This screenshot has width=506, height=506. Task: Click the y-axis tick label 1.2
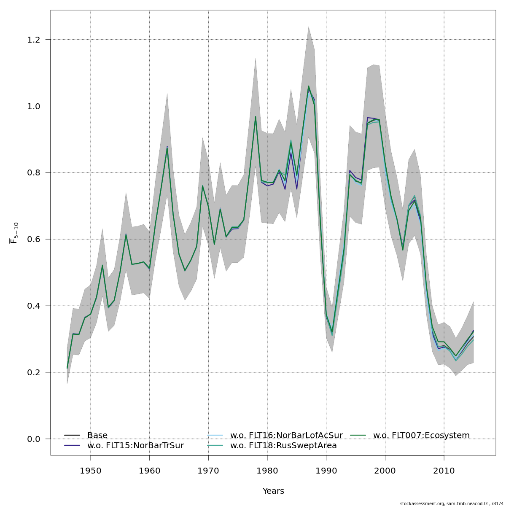click(x=33, y=40)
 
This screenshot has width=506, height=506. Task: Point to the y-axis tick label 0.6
click(x=33, y=240)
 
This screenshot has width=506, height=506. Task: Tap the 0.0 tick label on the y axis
click(x=33, y=439)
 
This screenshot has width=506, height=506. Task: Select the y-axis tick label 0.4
click(x=33, y=306)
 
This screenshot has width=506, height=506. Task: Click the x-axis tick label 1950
click(x=91, y=471)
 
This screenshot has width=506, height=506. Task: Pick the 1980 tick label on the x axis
click(x=267, y=471)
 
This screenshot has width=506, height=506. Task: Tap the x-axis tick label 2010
click(x=444, y=471)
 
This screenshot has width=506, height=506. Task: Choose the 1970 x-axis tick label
click(x=208, y=471)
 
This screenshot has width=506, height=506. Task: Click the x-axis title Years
click(x=273, y=491)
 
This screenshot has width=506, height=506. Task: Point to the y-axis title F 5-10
click(x=14, y=233)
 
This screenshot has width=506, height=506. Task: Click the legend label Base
click(x=97, y=436)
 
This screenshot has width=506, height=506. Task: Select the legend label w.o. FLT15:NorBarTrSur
click(x=135, y=446)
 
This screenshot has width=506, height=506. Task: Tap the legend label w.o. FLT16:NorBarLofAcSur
click(x=286, y=436)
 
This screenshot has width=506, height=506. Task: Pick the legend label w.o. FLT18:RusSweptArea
click(x=283, y=446)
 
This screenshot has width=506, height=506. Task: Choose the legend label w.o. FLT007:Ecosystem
click(x=421, y=436)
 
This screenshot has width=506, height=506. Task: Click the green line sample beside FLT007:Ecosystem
click(x=358, y=435)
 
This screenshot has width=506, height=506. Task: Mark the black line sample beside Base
click(x=72, y=435)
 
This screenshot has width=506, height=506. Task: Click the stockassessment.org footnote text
click(x=452, y=503)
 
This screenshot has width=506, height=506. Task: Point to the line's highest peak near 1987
click(x=308, y=86)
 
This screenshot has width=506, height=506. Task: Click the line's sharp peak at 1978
click(x=256, y=117)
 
